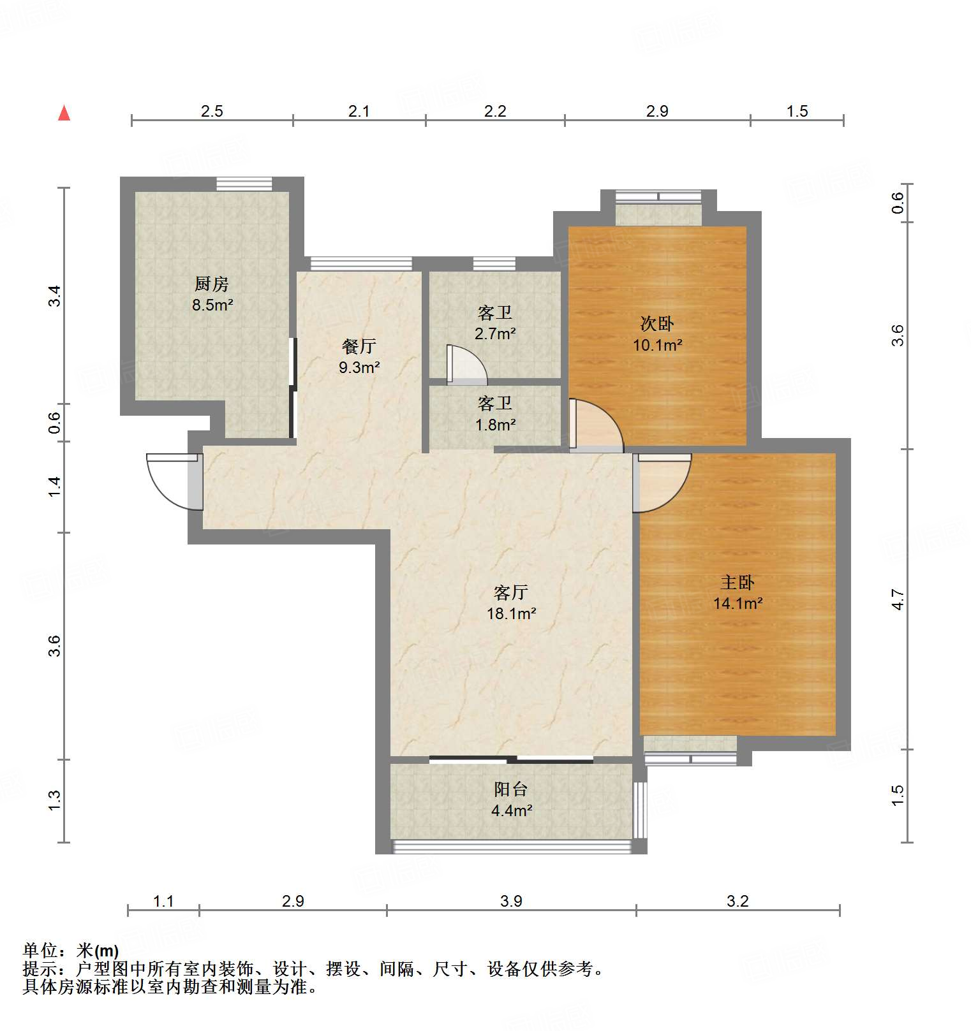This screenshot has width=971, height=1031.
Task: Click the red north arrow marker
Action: (x=64, y=113)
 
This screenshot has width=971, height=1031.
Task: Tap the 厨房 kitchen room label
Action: (x=212, y=284)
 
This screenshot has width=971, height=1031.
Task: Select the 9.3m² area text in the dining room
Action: (x=359, y=367)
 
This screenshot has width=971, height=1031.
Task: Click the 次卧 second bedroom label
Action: (x=657, y=324)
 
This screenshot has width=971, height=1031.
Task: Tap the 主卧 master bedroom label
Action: (x=738, y=582)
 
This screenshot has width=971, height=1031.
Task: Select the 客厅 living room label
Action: (x=510, y=592)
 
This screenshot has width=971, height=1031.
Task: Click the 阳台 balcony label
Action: (x=510, y=789)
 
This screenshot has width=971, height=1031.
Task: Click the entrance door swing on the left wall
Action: (x=171, y=481)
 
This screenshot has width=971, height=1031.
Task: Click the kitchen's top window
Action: (x=244, y=184)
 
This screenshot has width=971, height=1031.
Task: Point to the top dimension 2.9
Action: (x=657, y=112)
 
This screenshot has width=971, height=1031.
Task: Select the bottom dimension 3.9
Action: (x=511, y=901)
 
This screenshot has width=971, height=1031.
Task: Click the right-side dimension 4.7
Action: (x=898, y=600)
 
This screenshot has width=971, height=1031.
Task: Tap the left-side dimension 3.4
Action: (x=56, y=296)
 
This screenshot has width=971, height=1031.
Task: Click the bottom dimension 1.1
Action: (x=163, y=901)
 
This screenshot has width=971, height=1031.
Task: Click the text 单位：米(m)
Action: (x=71, y=951)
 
